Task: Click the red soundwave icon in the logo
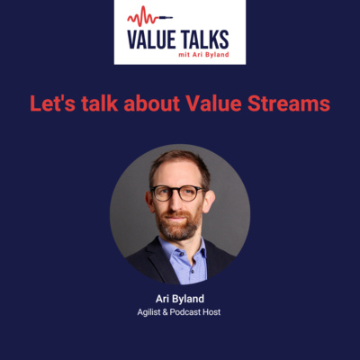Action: pyautogui.click(x=150, y=17)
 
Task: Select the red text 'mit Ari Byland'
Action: pyautogui.click(x=203, y=55)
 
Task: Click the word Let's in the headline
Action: pyautogui.click(x=53, y=103)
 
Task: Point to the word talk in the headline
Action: pyautogui.click(x=100, y=103)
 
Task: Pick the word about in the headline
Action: pyautogui.click(x=152, y=103)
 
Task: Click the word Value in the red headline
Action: pyautogui.click(x=213, y=103)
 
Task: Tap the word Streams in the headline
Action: pyautogui.click(x=289, y=103)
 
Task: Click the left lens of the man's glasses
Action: pyautogui.click(x=162, y=193)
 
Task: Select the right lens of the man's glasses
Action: pyautogui.click(x=189, y=193)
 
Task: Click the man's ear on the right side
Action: pyautogui.click(x=209, y=202)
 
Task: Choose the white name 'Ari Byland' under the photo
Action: pyautogui.click(x=180, y=299)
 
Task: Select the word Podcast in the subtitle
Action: pyautogui.click(x=185, y=312)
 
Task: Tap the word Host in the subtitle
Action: pyautogui.click(x=211, y=312)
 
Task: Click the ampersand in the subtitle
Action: pyautogui.click(x=165, y=312)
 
